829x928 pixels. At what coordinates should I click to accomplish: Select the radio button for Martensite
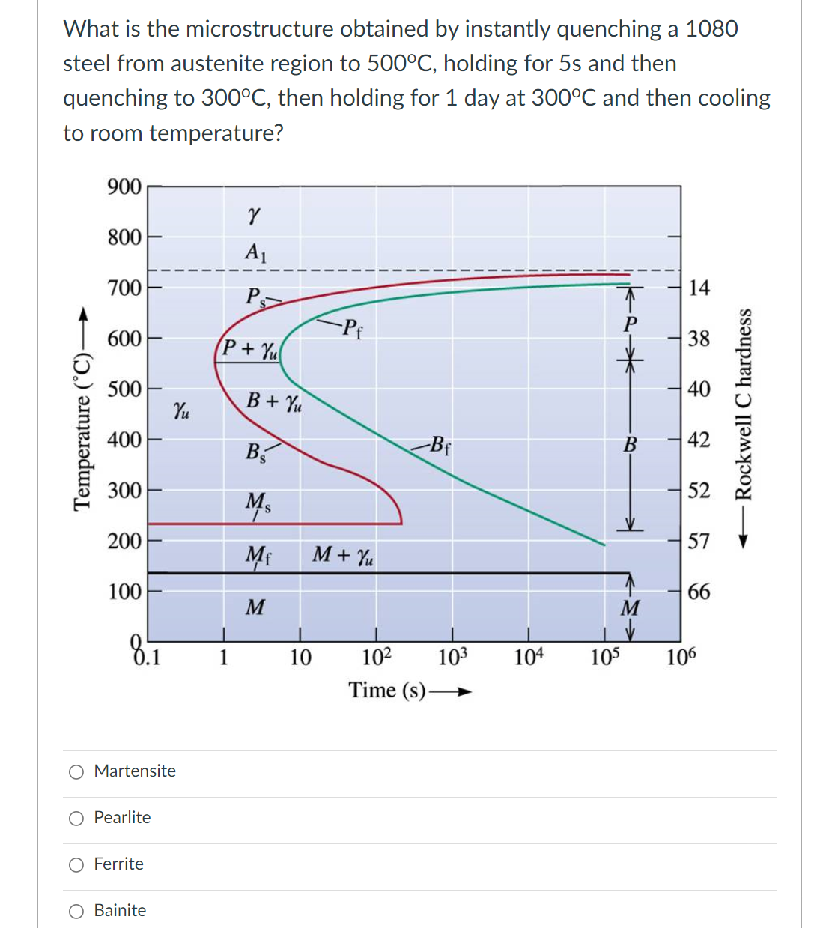[x=76, y=772]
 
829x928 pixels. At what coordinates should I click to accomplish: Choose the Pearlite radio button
[x=76, y=819]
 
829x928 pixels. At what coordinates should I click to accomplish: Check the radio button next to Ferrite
[x=76, y=865]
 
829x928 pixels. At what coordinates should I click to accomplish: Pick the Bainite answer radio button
[x=76, y=912]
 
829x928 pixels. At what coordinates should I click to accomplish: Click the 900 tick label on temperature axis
[x=124, y=186]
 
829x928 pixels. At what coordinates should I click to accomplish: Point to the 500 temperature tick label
[x=124, y=389]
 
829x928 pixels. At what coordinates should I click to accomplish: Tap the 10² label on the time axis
[x=377, y=657]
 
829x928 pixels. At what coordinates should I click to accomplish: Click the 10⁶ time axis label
[x=681, y=657]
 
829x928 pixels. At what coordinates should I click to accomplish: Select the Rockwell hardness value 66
[x=699, y=592]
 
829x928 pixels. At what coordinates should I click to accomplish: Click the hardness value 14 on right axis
[x=699, y=288]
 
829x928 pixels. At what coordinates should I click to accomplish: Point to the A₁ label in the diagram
[x=255, y=252]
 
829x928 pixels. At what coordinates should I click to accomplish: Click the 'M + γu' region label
[x=343, y=555]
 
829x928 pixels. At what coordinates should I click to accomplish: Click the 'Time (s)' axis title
[x=386, y=690]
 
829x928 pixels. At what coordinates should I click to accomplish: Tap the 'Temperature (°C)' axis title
[x=83, y=434]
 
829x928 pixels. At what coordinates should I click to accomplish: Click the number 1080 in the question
[x=711, y=28]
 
